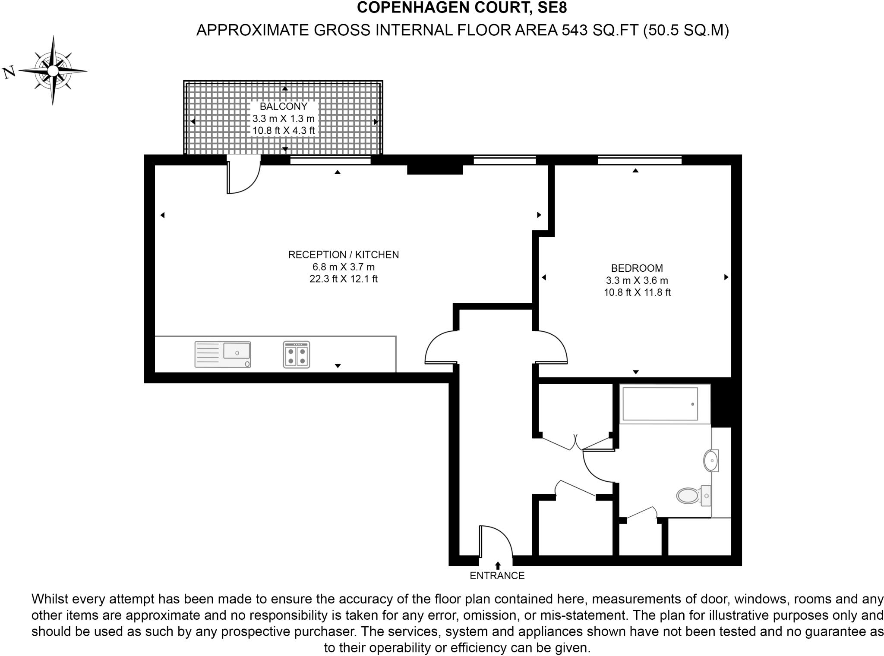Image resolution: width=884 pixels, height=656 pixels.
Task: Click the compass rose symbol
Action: click(x=53, y=70)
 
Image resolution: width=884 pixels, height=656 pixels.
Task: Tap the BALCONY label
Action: click(x=284, y=106)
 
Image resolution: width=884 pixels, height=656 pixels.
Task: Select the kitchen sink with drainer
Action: click(x=223, y=355)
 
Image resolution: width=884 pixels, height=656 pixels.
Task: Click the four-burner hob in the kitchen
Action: click(x=297, y=355)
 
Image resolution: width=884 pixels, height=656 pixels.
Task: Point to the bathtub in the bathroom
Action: click(x=660, y=404)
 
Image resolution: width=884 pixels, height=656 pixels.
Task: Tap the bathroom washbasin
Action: click(x=710, y=461)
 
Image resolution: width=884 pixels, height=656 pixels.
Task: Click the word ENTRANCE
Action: click(x=497, y=576)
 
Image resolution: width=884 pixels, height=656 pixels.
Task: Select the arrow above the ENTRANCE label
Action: click(x=498, y=565)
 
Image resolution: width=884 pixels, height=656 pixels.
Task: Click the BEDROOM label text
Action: click(x=637, y=268)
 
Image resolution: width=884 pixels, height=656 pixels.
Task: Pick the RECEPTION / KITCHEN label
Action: click(x=344, y=255)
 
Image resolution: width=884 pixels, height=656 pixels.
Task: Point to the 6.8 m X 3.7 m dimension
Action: click(x=344, y=267)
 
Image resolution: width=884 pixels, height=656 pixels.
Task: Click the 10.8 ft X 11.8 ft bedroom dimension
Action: click(x=637, y=292)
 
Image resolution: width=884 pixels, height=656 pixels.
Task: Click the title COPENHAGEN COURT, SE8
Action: click(x=462, y=8)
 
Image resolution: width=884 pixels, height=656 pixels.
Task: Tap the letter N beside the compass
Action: click(x=9, y=72)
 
